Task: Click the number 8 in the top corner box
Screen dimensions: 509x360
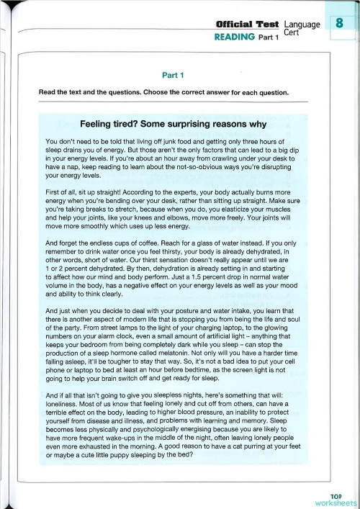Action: pyautogui.click(x=338, y=26)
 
